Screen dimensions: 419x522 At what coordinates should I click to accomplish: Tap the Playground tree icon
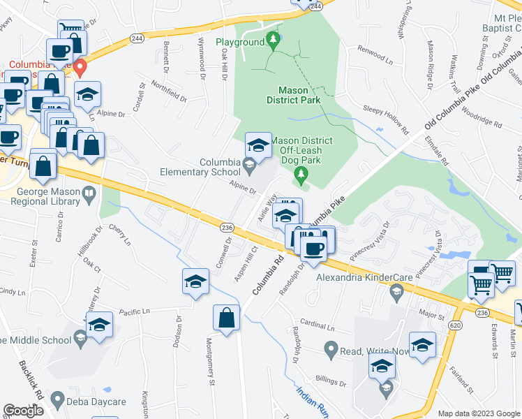click(274, 38)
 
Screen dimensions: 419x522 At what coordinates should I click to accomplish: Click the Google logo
click(23, 411)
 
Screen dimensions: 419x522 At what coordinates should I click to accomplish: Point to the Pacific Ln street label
click(135, 311)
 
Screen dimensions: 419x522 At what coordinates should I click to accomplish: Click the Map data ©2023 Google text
click(479, 413)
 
